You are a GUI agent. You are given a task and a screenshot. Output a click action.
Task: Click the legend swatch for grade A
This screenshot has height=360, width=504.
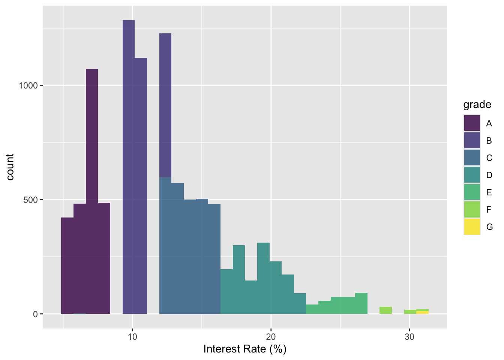point(472,123)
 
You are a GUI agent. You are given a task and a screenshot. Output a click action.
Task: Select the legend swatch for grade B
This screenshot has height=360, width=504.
point(472,140)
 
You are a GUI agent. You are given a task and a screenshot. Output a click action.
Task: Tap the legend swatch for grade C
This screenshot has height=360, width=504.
point(472,157)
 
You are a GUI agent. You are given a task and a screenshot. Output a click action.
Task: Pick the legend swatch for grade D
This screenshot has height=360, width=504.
point(472,175)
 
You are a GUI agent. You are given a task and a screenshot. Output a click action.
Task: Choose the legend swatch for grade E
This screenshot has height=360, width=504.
point(472,192)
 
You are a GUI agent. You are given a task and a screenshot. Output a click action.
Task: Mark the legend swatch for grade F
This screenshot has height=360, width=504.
point(472,209)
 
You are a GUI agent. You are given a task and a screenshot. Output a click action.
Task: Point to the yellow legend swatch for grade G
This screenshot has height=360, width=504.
point(472,226)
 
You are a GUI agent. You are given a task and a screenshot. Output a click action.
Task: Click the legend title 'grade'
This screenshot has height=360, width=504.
point(477,104)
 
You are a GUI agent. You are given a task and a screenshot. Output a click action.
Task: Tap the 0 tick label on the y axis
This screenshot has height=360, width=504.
point(36,314)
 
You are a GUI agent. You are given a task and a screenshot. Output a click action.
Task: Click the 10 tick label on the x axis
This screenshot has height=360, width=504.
point(132,336)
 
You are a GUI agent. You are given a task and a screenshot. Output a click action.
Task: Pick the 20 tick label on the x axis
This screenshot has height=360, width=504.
point(271,336)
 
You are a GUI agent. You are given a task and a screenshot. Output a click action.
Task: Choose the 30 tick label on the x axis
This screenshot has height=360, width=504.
point(409,336)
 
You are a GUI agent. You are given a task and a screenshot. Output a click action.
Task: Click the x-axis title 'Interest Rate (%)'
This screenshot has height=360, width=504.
point(245,349)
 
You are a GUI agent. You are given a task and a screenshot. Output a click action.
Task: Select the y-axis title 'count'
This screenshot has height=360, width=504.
point(10,167)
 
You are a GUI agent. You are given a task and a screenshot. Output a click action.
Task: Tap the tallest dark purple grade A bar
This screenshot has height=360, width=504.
point(92,187)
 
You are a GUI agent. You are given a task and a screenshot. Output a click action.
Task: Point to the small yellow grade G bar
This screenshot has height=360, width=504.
point(422,312)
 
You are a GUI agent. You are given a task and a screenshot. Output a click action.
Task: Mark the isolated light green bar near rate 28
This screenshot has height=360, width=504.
point(385,310)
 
